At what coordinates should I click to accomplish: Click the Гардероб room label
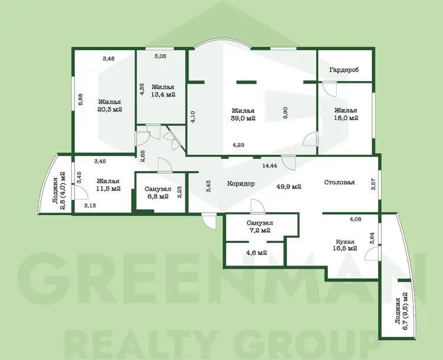344,70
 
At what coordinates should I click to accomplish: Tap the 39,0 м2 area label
243,118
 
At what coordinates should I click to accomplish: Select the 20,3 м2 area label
110,109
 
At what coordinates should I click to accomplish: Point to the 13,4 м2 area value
163,95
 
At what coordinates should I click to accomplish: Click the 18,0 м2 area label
346,118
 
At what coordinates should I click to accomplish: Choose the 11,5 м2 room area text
108,189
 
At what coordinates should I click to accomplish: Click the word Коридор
241,183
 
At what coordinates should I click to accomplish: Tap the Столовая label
339,182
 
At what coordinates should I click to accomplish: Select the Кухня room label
345,242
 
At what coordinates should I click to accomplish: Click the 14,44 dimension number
269,166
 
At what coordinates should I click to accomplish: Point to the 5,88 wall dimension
80,99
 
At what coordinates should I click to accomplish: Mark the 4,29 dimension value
239,145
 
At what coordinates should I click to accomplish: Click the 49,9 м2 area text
288,187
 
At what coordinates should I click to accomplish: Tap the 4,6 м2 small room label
257,253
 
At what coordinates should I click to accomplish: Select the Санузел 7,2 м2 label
260,227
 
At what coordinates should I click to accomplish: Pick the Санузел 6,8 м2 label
158,193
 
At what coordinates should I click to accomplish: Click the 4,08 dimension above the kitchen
356,219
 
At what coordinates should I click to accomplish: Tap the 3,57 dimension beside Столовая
373,183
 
